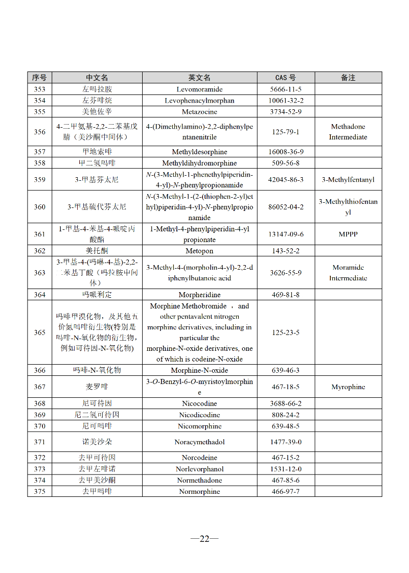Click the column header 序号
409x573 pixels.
pos(39,78)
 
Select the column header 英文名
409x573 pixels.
pos(199,78)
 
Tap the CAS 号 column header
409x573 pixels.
pos(285,78)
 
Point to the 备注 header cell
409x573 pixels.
pos(348,78)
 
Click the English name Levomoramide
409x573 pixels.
pos(199,89)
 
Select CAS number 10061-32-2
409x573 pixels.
pos(286,101)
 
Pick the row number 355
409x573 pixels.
pos(39,112)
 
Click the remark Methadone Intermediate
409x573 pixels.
pos(348,132)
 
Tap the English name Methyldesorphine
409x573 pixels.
pos(199,152)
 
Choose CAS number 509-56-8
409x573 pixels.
pos(286,163)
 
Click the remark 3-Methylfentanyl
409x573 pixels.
pos(348,180)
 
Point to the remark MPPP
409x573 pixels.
pos(348,234)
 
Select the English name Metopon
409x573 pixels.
pos(199,251)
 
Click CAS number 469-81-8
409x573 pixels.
pos(286,295)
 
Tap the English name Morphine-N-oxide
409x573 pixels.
pos(199,370)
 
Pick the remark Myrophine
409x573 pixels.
pos(348,387)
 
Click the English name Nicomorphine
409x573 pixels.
pos(199,426)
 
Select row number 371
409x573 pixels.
pos(39,442)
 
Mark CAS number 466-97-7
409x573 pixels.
pos(286,491)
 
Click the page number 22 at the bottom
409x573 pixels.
pos(204,539)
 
